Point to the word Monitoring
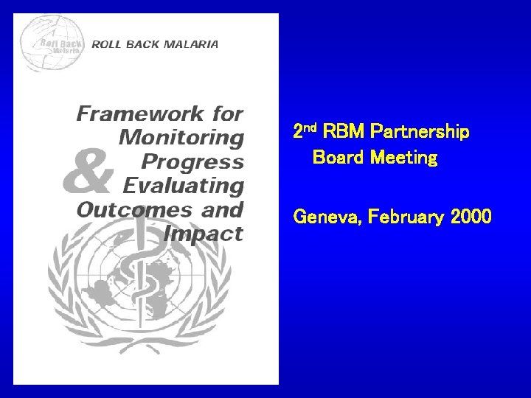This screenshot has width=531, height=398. pyautogui.click(x=181, y=137)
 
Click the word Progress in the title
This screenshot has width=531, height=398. pyautogui.click(x=192, y=161)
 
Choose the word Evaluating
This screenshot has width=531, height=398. pyautogui.click(x=183, y=184)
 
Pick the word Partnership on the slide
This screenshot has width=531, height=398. pyautogui.click(x=421, y=133)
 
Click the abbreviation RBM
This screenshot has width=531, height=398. pyautogui.click(x=346, y=133)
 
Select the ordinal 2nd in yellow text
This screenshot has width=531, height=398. pyautogui.click(x=305, y=132)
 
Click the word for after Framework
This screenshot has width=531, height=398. pyautogui.click(x=224, y=114)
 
